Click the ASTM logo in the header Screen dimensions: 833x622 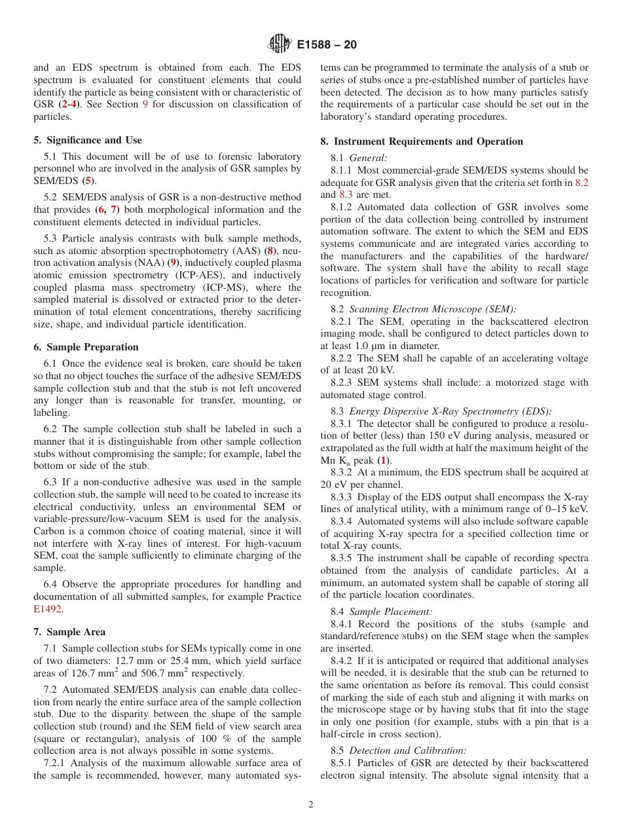point(280,45)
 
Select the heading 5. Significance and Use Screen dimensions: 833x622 point(88,140)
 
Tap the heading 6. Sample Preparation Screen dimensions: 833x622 point(86,347)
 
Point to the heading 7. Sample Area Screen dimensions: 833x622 point(69,632)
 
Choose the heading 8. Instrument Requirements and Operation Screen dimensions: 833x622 point(422,141)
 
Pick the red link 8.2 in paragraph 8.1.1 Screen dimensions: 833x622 point(581,183)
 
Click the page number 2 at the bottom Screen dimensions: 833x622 point(311,805)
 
